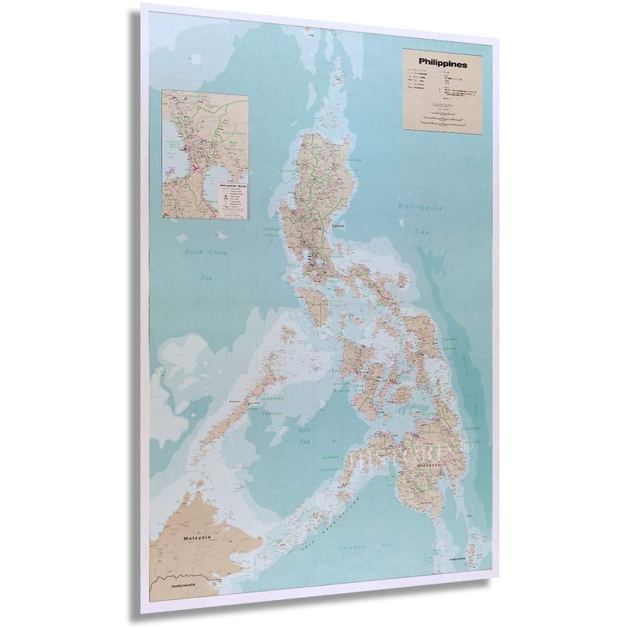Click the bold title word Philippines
(443, 65)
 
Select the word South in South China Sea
(198, 252)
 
